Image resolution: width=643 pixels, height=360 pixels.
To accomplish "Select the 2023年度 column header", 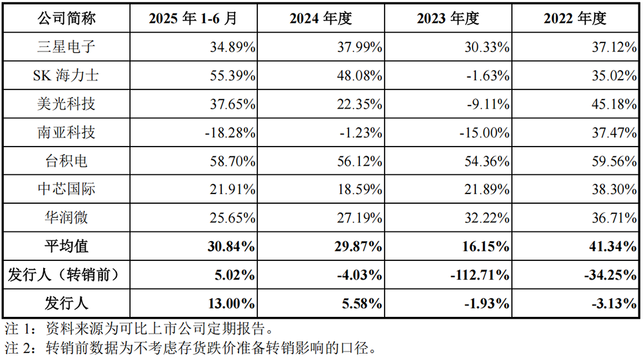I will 448,19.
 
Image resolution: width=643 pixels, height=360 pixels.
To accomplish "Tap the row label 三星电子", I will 66,47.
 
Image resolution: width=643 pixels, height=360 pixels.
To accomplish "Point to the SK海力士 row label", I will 66,75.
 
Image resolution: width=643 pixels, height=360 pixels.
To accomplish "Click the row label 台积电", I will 66,161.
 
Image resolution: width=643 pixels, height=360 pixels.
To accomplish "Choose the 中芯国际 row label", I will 66,189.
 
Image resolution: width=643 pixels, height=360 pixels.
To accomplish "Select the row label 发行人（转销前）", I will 66,274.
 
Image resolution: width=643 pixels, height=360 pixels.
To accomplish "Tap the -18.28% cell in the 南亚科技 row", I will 230,132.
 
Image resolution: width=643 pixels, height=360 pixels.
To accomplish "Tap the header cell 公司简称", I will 66,19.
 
